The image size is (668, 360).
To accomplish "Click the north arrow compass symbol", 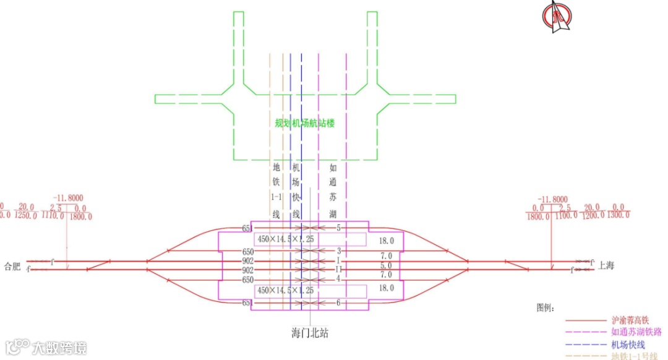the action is (x=555, y=17).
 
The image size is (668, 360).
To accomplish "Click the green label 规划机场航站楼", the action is (x=304, y=123).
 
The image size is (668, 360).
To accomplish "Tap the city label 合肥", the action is (x=12, y=267).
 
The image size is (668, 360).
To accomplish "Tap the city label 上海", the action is (x=606, y=267).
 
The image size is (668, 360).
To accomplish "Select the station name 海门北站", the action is (x=309, y=333).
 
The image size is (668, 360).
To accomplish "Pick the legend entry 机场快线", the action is (x=628, y=345).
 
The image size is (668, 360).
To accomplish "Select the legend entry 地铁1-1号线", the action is (x=635, y=356).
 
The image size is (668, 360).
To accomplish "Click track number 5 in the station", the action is (x=339, y=228).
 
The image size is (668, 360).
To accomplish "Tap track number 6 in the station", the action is (x=339, y=302).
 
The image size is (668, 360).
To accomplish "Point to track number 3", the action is (x=339, y=251).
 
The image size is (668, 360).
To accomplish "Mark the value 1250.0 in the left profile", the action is (x=26, y=216).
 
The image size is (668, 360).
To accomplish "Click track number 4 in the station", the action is (x=339, y=279).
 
